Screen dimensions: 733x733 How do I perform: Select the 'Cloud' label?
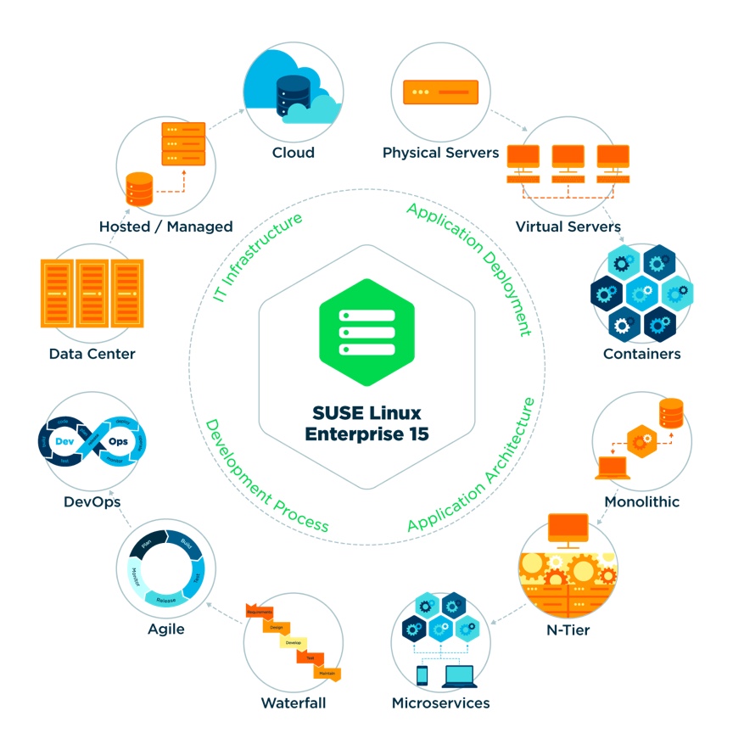click(294, 153)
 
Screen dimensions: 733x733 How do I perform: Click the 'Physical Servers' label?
click(440, 153)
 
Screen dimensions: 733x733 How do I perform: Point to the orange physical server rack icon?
click(440, 92)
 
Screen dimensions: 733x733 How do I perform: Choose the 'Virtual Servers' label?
click(568, 227)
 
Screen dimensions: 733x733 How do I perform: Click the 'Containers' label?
click(641, 354)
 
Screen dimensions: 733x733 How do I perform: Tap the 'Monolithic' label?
click(641, 501)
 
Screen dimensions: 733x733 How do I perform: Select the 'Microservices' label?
click(440, 703)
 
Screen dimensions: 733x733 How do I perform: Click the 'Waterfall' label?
click(294, 703)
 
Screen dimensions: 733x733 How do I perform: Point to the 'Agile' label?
click(165, 629)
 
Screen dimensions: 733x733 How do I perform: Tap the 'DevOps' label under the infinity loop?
click(92, 501)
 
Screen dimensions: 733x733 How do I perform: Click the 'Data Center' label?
click(92, 354)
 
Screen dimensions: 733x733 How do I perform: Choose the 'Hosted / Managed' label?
click(165, 227)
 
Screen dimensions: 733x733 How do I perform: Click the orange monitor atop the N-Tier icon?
click(568, 529)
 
